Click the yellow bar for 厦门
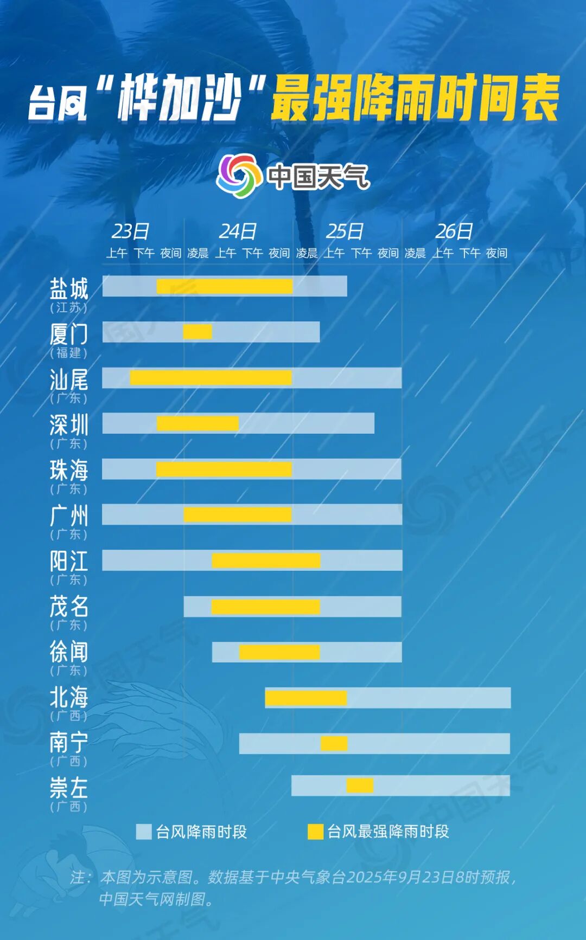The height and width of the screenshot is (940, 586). tap(198, 331)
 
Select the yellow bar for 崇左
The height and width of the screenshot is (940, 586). tap(360, 785)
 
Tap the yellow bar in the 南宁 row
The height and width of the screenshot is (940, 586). tap(334, 743)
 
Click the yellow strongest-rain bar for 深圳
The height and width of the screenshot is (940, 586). tap(198, 423)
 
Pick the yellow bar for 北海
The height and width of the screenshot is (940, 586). tap(305, 698)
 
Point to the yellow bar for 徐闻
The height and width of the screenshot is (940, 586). tap(279, 652)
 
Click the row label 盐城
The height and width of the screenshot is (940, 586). tap(69, 288)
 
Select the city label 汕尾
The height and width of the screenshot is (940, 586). tap(69, 379)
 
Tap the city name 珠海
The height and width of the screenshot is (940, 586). tap(69, 470)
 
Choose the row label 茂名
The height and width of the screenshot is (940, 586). tap(69, 606)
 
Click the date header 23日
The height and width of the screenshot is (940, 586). tap(130, 231)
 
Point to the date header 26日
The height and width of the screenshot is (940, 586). tap(454, 231)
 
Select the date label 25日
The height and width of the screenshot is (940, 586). tap(345, 231)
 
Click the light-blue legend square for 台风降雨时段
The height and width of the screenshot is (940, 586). tap(143, 832)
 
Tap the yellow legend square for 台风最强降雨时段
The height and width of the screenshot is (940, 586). tap(315, 832)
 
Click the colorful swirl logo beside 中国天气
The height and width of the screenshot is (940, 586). tap(237, 176)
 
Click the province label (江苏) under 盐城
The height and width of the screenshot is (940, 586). tap(69, 307)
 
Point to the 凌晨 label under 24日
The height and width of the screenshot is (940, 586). tap(198, 253)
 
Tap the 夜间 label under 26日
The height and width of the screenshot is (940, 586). tap(496, 253)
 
